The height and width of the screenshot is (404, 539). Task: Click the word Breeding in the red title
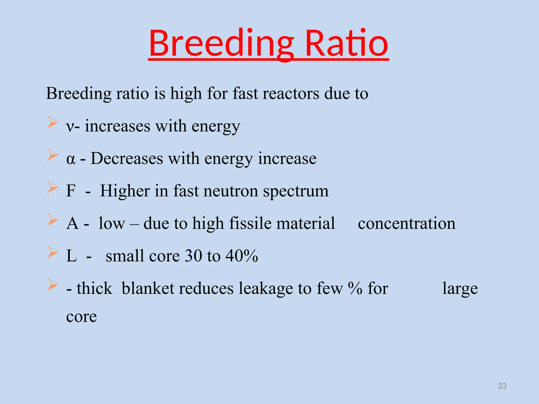(x=221, y=43)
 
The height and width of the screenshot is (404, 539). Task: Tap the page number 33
(x=502, y=386)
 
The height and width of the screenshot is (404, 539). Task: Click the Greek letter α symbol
(x=71, y=159)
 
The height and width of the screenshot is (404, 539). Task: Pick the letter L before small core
(x=71, y=256)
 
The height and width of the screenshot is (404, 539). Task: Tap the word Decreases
(x=127, y=159)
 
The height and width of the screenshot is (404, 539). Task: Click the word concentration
(x=407, y=223)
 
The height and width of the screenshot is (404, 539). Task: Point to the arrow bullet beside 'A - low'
(x=53, y=220)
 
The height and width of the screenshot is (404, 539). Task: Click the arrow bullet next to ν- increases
(x=53, y=122)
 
